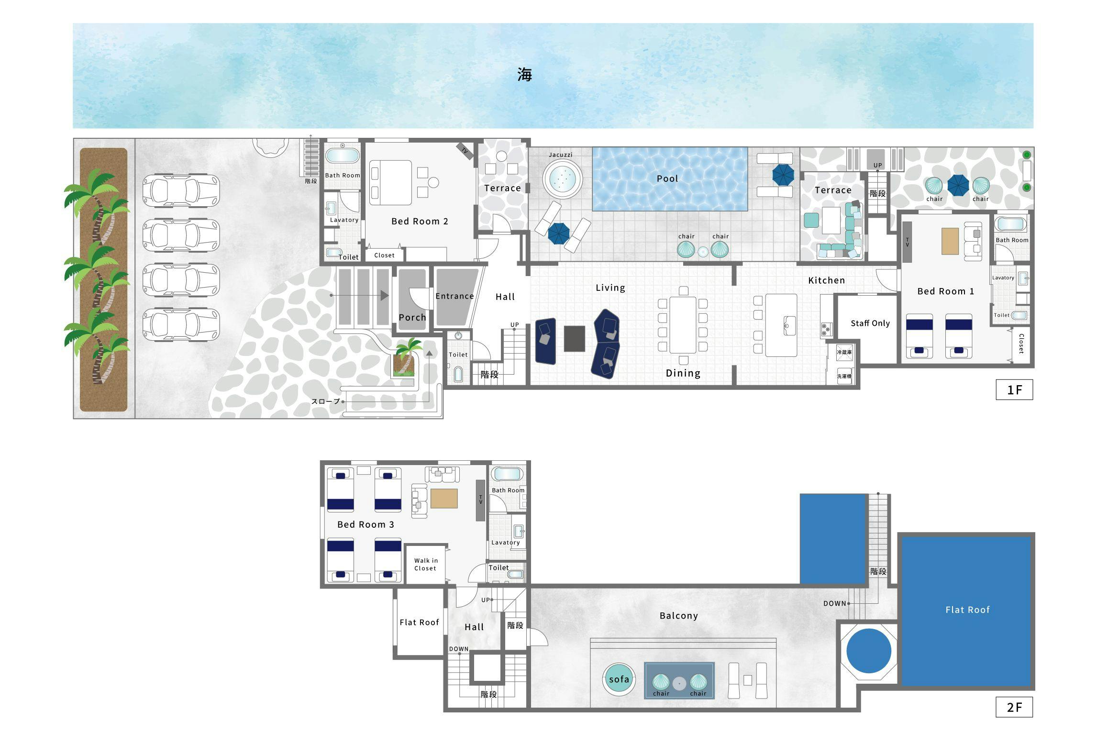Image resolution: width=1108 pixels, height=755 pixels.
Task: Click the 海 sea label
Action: click(524, 75)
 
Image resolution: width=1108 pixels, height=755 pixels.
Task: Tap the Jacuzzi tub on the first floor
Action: click(562, 179)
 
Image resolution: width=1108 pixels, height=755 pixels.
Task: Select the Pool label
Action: click(667, 178)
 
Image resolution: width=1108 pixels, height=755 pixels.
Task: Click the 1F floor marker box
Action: click(1014, 389)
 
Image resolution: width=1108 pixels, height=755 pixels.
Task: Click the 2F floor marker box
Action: click(1014, 707)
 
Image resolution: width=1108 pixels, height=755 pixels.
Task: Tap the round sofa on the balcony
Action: click(619, 679)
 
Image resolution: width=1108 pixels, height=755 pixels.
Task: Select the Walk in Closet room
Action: click(426, 565)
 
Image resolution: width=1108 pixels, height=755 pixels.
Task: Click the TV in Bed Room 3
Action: click(480, 500)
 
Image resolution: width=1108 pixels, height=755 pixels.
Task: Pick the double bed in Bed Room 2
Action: click(390, 183)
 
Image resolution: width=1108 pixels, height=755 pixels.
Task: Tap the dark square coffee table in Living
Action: click(574, 339)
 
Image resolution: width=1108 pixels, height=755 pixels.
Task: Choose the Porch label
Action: click(412, 317)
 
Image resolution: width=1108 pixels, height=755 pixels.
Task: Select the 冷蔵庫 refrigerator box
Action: click(844, 352)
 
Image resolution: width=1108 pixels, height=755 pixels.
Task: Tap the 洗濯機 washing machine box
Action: click(844, 376)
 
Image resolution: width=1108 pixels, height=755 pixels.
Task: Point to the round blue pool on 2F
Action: click(869, 651)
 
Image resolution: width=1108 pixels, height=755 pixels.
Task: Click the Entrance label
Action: click(454, 296)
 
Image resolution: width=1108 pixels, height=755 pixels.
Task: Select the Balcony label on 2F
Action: click(678, 616)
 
